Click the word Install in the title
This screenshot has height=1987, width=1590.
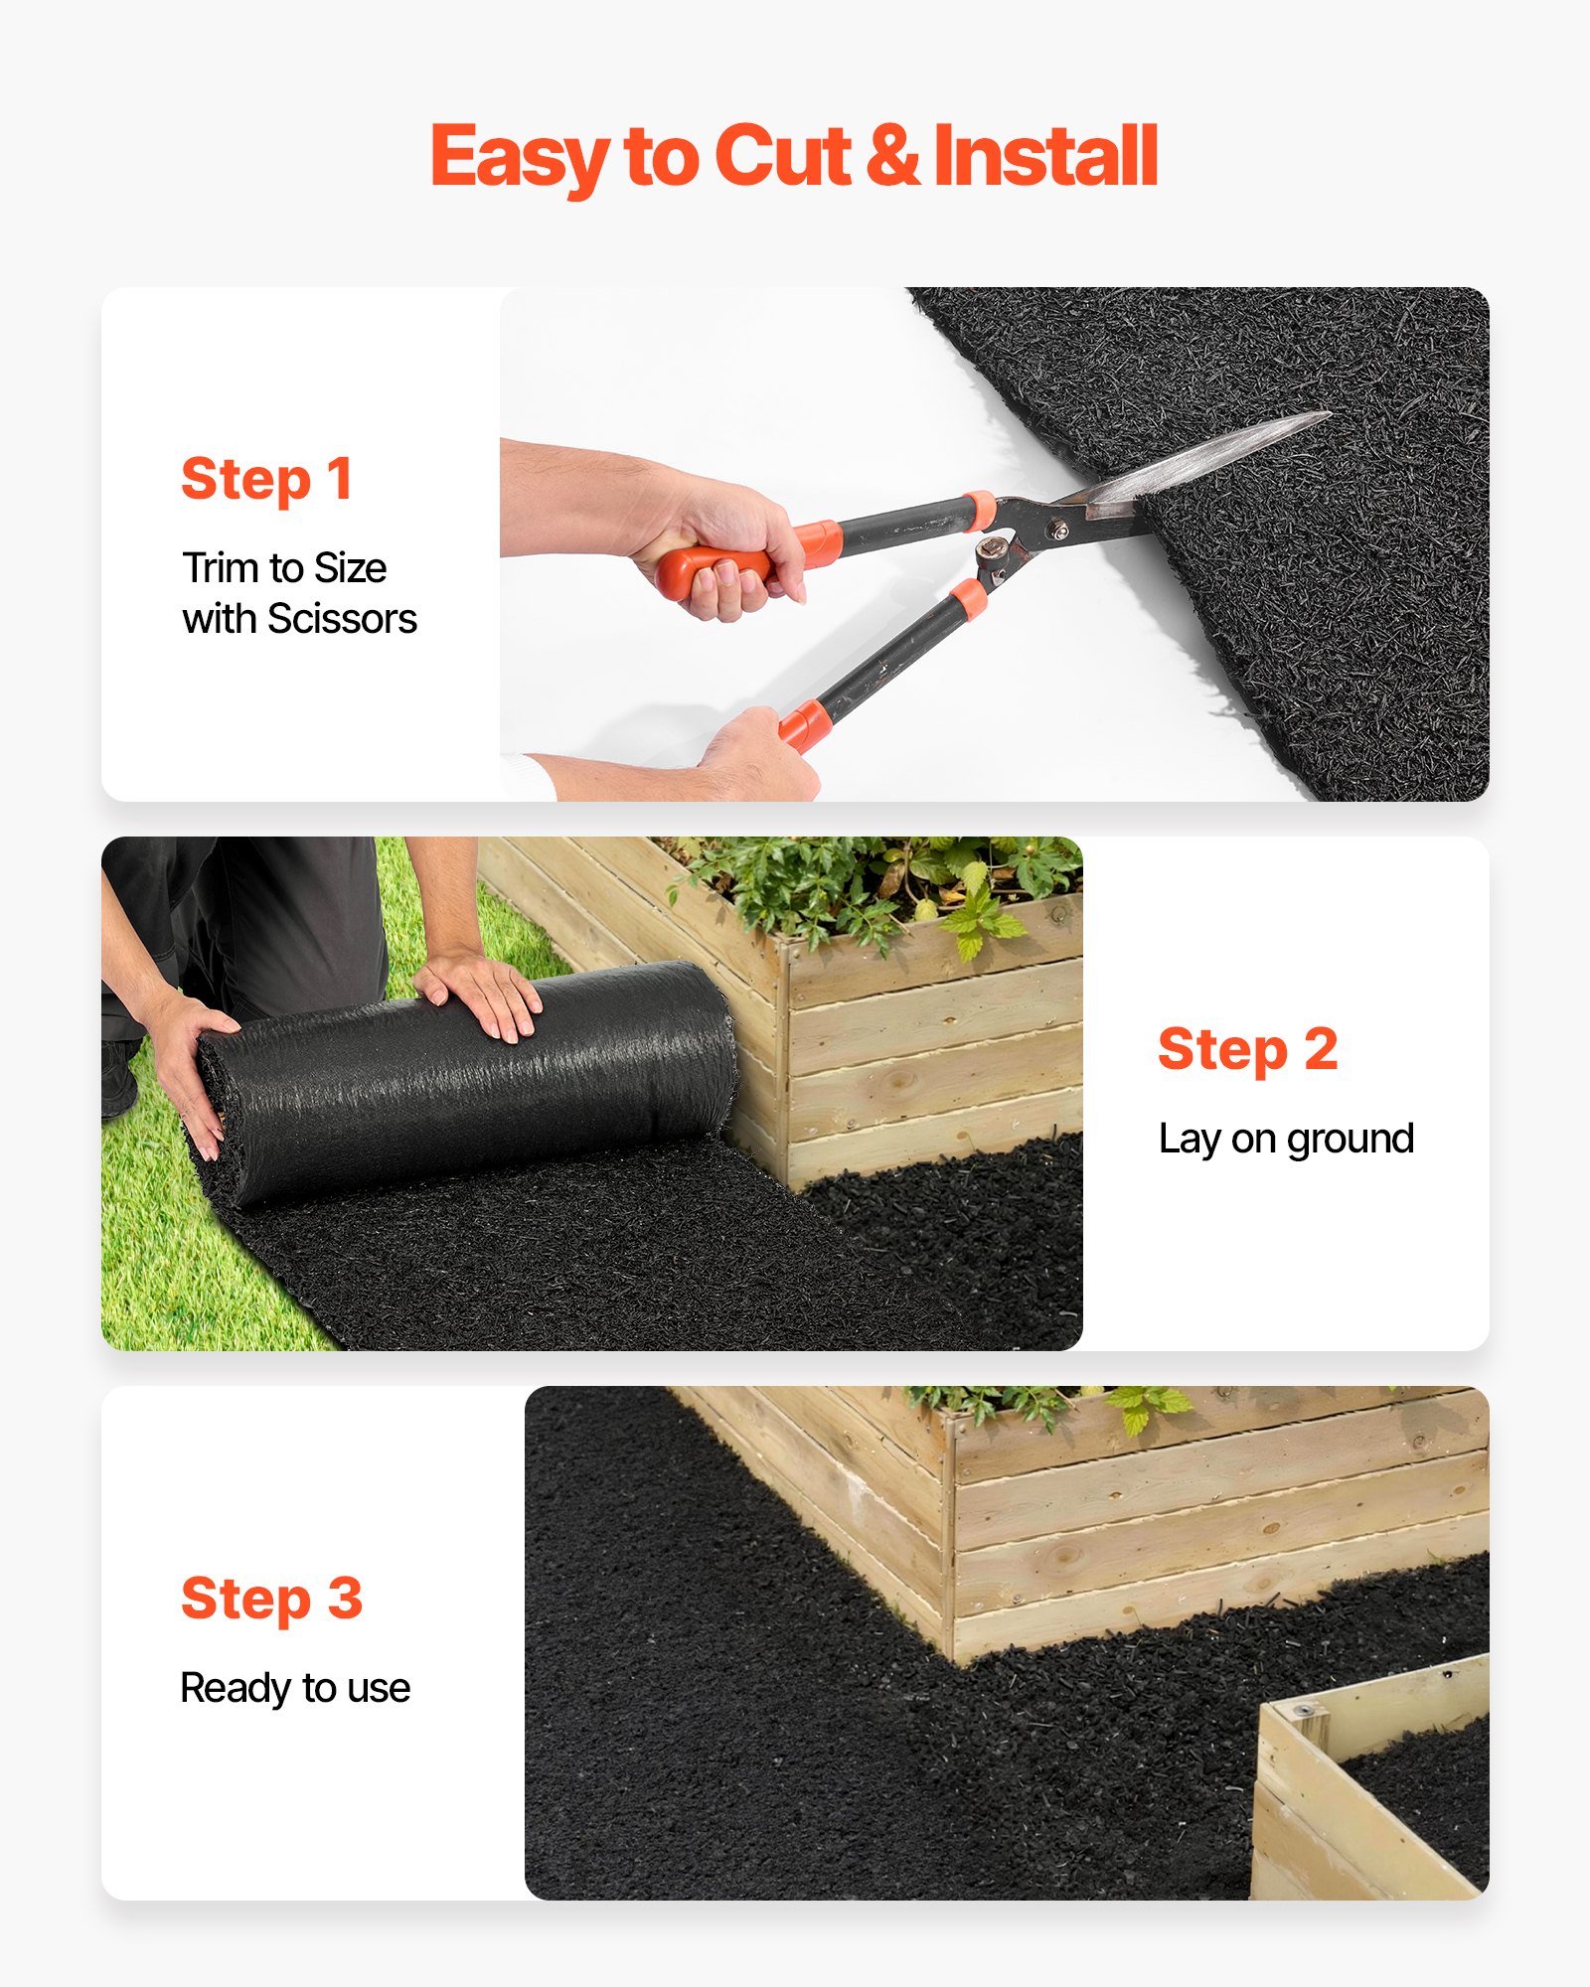coord(1045,156)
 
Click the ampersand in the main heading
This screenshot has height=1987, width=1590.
coord(891,156)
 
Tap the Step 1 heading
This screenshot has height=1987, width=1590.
coord(266,480)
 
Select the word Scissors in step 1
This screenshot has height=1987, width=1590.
coord(342,619)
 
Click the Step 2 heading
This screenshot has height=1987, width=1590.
coord(1247,1050)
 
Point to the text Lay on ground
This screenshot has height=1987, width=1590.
coord(1286,1139)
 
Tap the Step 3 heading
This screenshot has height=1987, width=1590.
coord(271,1600)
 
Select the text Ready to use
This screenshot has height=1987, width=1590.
coord(295,1688)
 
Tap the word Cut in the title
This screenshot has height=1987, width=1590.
coord(782,156)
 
